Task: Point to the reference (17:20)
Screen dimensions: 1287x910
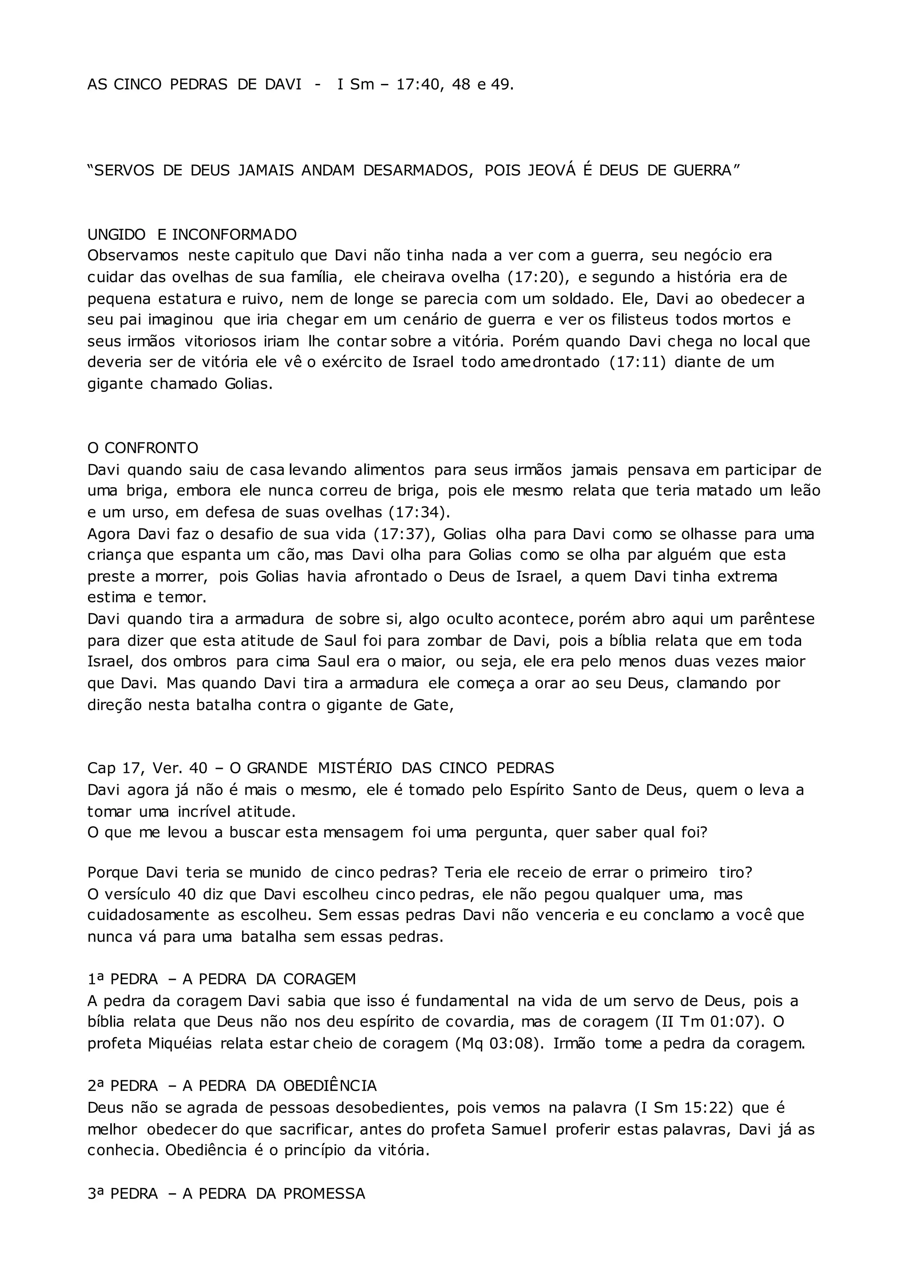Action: point(539,277)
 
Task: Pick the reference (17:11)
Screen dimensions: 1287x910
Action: point(638,362)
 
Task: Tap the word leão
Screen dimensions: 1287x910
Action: point(805,491)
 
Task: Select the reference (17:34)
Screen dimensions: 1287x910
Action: point(418,512)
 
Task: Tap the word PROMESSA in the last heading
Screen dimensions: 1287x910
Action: point(324,1193)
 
